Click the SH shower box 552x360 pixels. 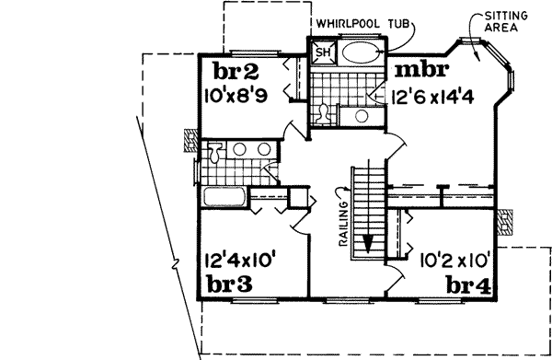pyautogui.click(x=323, y=52)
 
